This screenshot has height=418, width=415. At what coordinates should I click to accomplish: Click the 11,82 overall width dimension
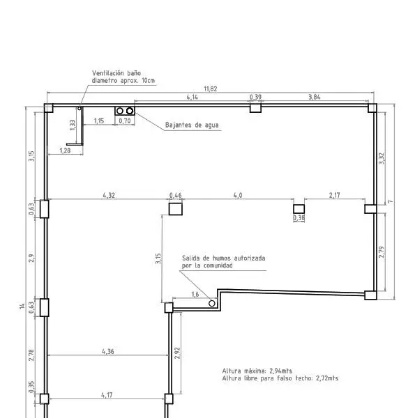(x=211, y=88)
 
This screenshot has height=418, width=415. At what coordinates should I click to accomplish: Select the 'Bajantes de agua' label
(x=192, y=125)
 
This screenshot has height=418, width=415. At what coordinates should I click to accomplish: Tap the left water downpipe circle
(x=120, y=111)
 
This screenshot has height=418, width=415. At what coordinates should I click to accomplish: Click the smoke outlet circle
(x=211, y=303)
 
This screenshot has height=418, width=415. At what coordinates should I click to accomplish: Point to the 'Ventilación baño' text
(x=116, y=73)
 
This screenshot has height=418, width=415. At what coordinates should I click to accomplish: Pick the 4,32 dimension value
(x=109, y=195)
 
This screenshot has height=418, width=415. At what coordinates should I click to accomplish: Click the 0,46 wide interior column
(x=176, y=209)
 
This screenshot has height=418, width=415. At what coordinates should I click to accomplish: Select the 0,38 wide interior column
(x=299, y=209)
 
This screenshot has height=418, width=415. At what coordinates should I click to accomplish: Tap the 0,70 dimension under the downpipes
(x=125, y=121)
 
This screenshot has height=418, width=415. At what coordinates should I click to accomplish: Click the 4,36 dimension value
(x=108, y=352)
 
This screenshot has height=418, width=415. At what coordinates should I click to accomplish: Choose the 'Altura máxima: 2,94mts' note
(x=257, y=371)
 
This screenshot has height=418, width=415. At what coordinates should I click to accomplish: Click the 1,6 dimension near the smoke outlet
(x=195, y=294)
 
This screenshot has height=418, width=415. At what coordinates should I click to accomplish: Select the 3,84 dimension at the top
(x=315, y=97)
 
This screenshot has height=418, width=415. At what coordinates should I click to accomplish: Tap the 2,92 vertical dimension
(x=177, y=353)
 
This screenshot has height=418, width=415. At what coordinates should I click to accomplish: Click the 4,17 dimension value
(x=107, y=395)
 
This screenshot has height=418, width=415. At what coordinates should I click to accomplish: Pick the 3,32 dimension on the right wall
(x=382, y=158)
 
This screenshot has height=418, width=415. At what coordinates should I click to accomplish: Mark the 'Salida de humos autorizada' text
(x=224, y=258)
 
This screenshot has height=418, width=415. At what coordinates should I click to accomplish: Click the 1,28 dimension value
(x=65, y=150)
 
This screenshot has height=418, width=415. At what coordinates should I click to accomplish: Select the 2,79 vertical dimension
(x=382, y=252)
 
